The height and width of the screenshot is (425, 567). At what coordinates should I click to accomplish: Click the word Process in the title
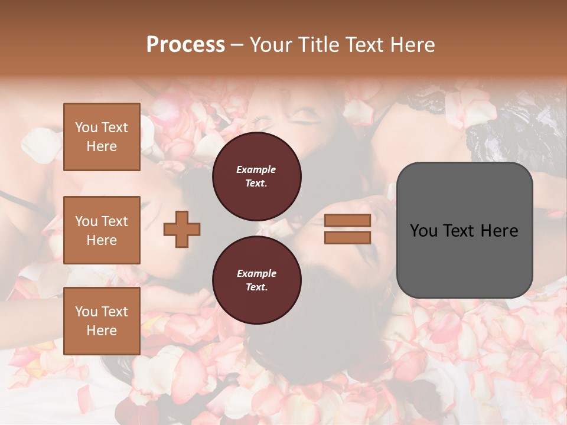185,45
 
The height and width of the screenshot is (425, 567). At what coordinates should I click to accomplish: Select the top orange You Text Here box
102,137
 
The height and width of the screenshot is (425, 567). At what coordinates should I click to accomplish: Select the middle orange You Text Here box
102,230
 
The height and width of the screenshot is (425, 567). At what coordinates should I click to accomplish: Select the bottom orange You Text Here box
102,321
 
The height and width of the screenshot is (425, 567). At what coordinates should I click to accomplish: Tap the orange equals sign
348,229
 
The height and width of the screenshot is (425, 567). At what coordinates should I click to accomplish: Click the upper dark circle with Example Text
257,176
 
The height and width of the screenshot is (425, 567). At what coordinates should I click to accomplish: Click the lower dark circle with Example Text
257,280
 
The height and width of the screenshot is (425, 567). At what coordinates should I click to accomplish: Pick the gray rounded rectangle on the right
464,230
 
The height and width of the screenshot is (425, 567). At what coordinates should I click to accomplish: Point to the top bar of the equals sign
348,221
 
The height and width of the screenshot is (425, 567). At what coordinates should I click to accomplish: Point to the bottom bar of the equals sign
348,237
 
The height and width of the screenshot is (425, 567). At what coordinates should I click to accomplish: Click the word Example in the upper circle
256,169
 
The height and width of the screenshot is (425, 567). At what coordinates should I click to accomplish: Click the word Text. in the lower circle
256,287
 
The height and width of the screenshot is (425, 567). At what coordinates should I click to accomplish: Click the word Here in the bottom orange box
102,331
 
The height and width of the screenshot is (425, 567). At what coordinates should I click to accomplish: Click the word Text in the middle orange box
115,221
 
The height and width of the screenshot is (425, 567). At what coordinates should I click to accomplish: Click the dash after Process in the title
237,45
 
